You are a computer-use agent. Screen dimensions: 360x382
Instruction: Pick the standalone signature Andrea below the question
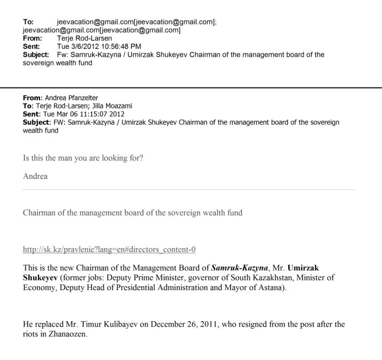(x=35, y=176)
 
